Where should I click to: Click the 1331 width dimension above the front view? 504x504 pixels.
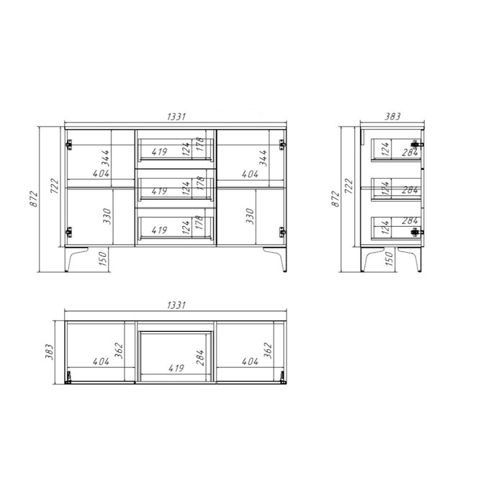tap(176, 117)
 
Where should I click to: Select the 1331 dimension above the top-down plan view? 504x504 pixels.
tap(176, 305)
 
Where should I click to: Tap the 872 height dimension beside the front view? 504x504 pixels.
tap(34, 199)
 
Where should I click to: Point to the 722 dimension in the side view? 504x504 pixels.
tap(348, 186)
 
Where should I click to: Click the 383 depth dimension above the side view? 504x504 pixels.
tap(392, 117)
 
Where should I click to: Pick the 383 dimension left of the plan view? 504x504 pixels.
tap(49, 351)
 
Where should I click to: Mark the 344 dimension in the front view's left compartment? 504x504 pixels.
tap(105, 158)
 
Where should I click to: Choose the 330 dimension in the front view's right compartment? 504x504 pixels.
tap(250, 216)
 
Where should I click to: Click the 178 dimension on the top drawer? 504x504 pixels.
tap(199, 144)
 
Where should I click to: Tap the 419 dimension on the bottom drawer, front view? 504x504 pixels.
tap(159, 230)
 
